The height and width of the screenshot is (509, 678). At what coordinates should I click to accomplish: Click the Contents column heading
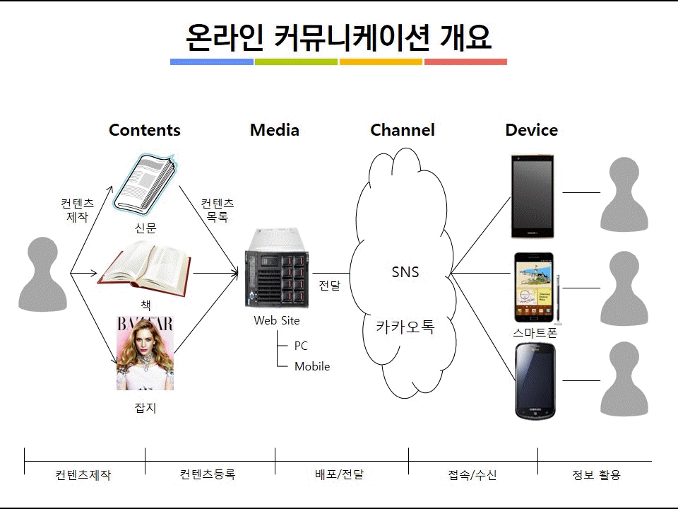[144, 130]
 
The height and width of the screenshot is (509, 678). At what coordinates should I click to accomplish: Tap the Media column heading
[275, 130]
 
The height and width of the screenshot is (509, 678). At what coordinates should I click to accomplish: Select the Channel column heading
[403, 130]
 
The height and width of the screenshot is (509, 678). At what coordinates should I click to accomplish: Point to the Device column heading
[531, 130]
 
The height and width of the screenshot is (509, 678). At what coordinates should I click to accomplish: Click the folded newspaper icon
[145, 185]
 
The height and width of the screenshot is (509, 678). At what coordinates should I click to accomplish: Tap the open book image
[144, 269]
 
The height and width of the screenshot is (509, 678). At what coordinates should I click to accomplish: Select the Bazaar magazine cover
[145, 353]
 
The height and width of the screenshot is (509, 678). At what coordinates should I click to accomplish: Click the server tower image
[277, 269]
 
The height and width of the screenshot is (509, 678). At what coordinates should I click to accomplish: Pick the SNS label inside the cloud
[405, 271]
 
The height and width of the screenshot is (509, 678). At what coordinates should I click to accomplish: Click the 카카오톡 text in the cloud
[405, 327]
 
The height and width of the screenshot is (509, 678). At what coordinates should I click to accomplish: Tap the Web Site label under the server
[277, 320]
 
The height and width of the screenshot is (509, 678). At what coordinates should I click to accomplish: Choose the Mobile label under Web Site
[312, 366]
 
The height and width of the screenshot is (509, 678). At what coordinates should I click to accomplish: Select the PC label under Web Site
[301, 346]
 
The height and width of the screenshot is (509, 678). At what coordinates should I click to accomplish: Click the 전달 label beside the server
[330, 285]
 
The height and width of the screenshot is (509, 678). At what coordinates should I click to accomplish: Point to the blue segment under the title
[212, 62]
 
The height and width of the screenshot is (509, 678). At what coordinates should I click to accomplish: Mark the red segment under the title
[465, 62]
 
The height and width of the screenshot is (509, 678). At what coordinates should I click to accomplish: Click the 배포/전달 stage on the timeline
[340, 474]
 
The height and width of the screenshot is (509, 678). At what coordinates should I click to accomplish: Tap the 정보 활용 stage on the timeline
[596, 475]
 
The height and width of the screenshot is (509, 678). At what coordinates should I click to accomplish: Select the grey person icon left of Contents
[43, 274]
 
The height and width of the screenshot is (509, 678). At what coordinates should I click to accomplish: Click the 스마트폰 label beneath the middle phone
[535, 332]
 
